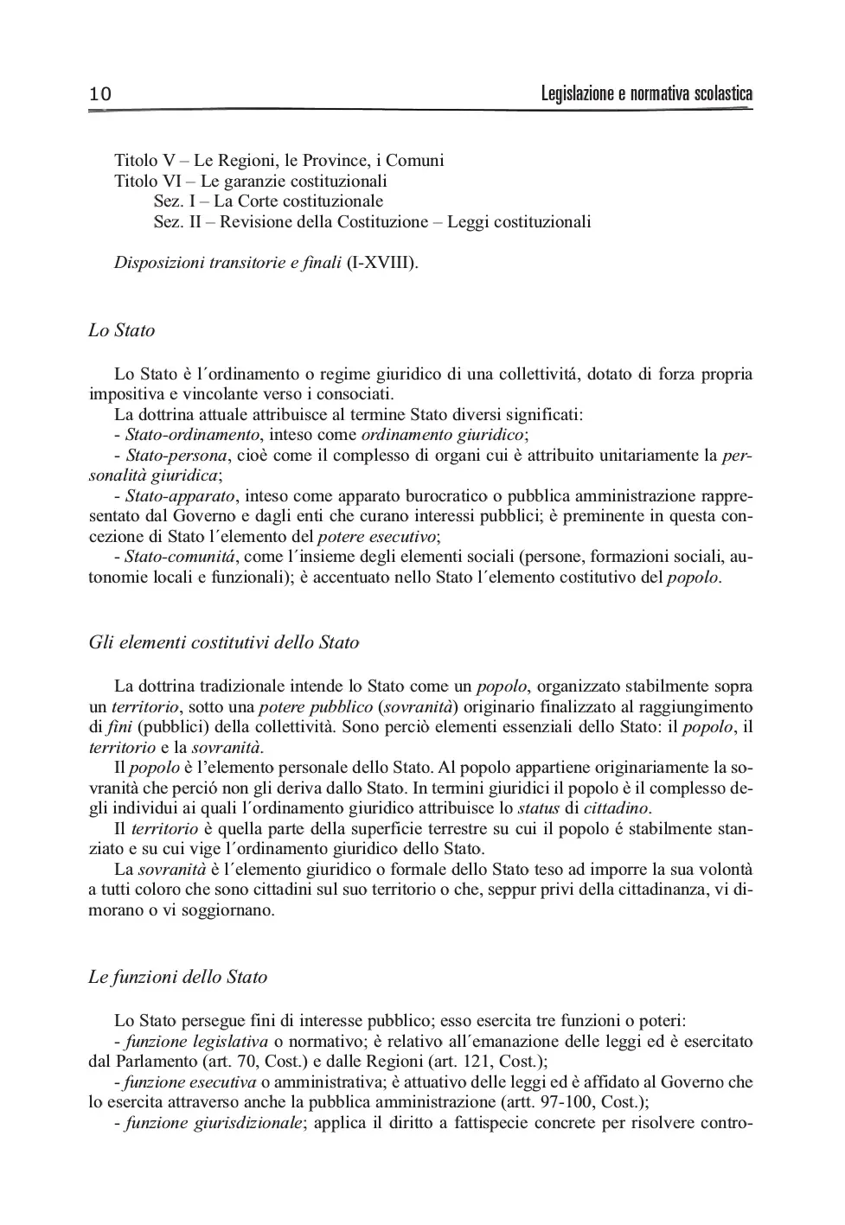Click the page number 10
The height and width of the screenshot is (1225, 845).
pos(100,94)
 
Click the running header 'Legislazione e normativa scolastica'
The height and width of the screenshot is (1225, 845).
pos(646,93)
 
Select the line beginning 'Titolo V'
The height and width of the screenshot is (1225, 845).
pos(278,160)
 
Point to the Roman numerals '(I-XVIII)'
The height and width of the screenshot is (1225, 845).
pos(381,262)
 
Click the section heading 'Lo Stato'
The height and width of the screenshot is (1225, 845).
pos(122,330)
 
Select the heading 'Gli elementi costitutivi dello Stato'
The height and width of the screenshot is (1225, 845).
pos(223,642)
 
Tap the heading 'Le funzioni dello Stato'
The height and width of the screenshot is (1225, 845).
pos(178,977)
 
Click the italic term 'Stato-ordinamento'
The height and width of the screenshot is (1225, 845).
pos(192,435)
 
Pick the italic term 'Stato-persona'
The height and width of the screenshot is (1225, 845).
pos(176,456)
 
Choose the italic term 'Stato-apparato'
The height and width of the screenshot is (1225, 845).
pos(180,496)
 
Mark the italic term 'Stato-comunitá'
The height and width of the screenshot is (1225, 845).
pos(179,558)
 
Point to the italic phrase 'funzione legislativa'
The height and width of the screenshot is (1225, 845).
pos(195,1041)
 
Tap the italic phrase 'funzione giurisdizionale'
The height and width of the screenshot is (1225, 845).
pos(214,1124)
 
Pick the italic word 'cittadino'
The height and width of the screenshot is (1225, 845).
pos(616,808)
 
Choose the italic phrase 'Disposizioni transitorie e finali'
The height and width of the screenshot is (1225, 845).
pos(227,262)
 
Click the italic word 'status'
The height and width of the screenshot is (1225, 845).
pos(538,808)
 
